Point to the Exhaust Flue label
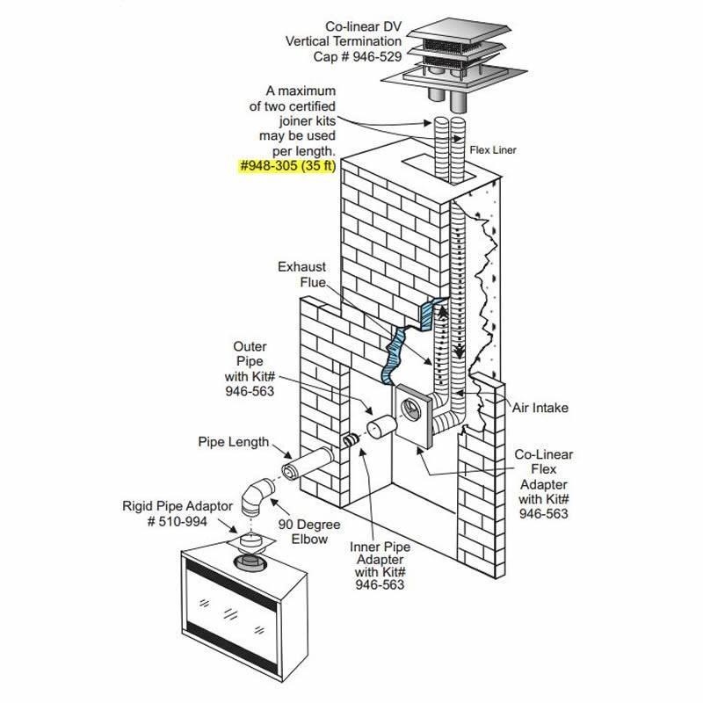click(302, 274)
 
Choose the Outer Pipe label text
click(251, 369)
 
